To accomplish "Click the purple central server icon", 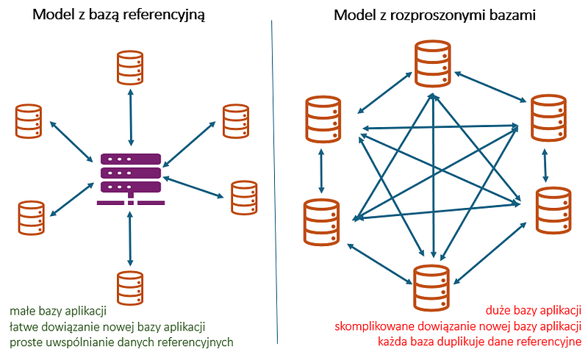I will [131, 177].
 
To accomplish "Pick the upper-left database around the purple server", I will [29, 121].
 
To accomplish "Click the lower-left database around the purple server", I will [30, 216].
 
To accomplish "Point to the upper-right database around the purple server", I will [235, 121].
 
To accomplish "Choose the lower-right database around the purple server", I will [244, 197].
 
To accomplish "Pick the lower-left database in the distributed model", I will [322, 221].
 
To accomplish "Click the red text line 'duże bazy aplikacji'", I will [534, 310].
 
